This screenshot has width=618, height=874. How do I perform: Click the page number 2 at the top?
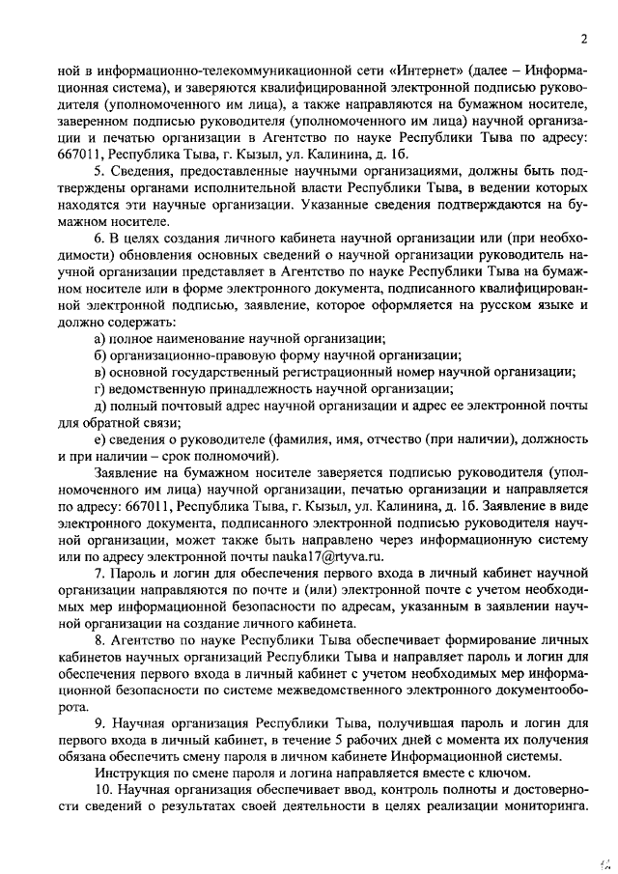pyautogui.click(x=584, y=39)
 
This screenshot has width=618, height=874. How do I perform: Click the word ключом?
pyautogui.click(x=505, y=774)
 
